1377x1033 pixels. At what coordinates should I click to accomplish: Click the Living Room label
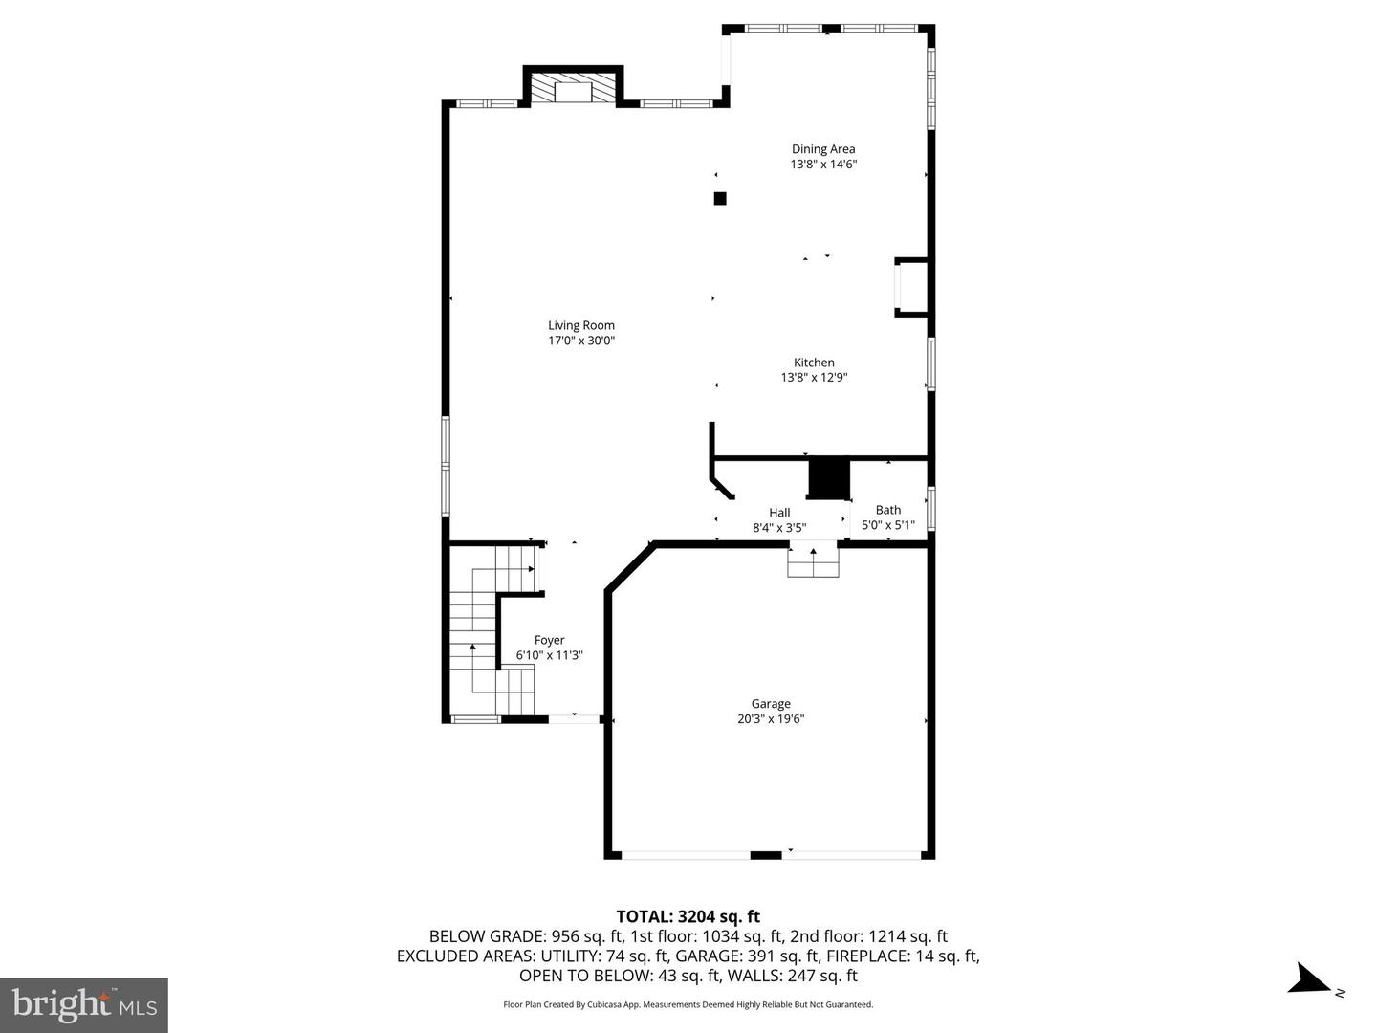(x=580, y=325)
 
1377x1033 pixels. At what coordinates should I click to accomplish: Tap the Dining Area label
(x=822, y=149)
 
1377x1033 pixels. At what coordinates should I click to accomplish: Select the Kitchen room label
(x=814, y=363)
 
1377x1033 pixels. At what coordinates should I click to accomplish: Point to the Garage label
(x=770, y=704)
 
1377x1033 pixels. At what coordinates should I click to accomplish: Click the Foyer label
(x=549, y=641)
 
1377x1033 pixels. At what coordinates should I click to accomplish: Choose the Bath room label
(x=887, y=510)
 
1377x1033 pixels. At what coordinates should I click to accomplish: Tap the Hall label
(x=779, y=513)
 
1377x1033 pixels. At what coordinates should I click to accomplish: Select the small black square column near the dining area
(x=720, y=199)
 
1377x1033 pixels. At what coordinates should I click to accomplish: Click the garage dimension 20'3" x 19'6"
(x=770, y=719)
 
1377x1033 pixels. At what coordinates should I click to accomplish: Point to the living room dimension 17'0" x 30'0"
(x=580, y=341)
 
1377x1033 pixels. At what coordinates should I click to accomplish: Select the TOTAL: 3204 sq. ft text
(x=688, y=917)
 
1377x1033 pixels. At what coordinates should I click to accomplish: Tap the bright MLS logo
(x=84, y=1004)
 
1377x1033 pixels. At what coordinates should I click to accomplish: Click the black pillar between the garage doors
(x=765, y=854)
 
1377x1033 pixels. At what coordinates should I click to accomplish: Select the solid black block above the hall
(x=828, y=478)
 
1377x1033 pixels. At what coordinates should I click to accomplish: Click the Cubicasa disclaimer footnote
(x=688, y=1004)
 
